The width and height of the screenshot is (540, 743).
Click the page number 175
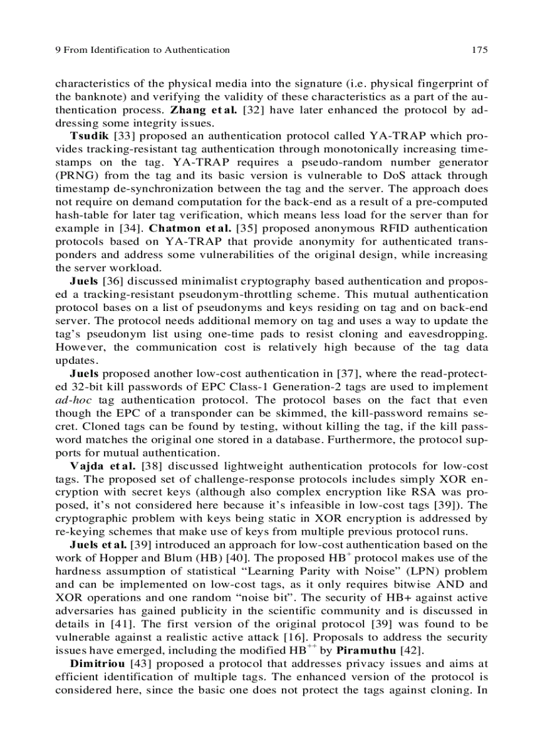tap(480, 50)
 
